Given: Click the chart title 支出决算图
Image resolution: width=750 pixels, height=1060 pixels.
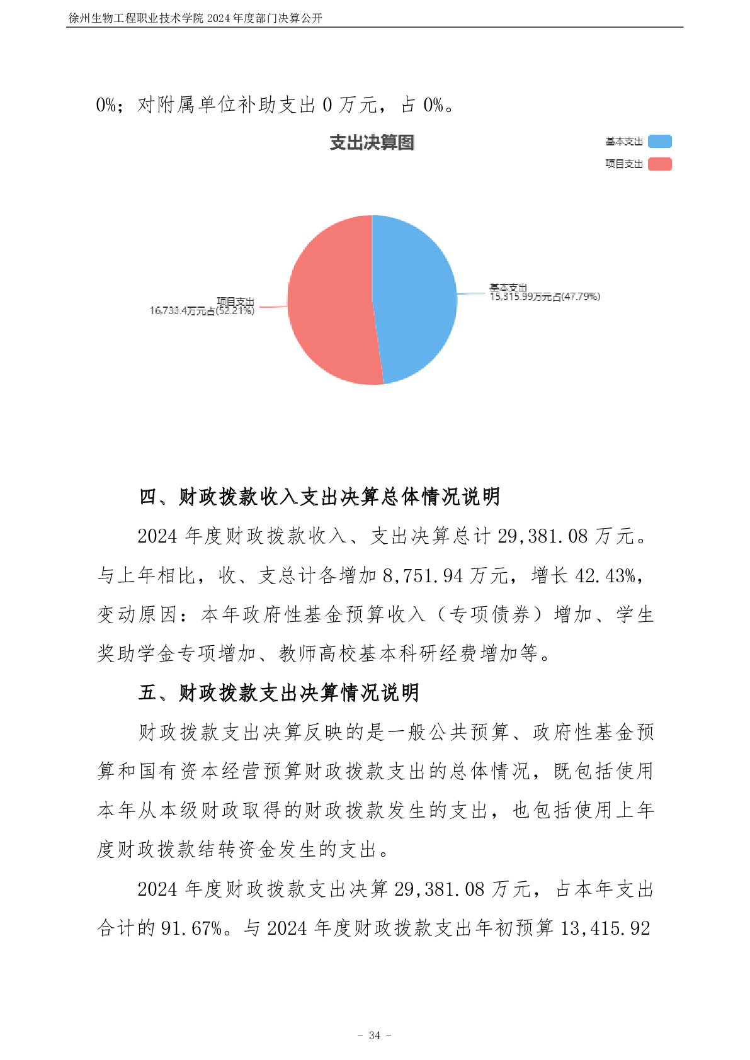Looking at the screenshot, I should (x=372, y=143).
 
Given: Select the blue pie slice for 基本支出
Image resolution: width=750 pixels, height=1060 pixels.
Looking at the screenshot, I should (x=416, y=296).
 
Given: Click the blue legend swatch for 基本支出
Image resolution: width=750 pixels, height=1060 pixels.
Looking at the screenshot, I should (x=660, y=142).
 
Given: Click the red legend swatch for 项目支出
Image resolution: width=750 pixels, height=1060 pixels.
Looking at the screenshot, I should (x=660, y=164).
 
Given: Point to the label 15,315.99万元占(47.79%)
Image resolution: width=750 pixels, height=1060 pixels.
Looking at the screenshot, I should (x=545, y=296).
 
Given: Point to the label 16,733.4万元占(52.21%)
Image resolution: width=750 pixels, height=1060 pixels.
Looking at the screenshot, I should (x=202, y=311).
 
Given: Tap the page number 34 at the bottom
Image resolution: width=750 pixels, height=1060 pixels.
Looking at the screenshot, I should (x=375, y=1035).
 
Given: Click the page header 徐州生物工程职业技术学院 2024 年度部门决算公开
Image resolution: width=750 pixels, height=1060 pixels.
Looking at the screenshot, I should (x=195, y=18).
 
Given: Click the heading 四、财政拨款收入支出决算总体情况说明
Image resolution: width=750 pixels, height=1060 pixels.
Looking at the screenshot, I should (x=320, y=497).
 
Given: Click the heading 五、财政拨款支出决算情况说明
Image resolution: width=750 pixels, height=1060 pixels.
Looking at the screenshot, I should (x=279, y=693).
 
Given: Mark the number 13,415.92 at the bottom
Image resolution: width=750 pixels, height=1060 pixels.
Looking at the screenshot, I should (x=605, y=928).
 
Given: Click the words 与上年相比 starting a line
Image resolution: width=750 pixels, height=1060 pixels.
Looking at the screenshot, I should (x=146, y=575).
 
